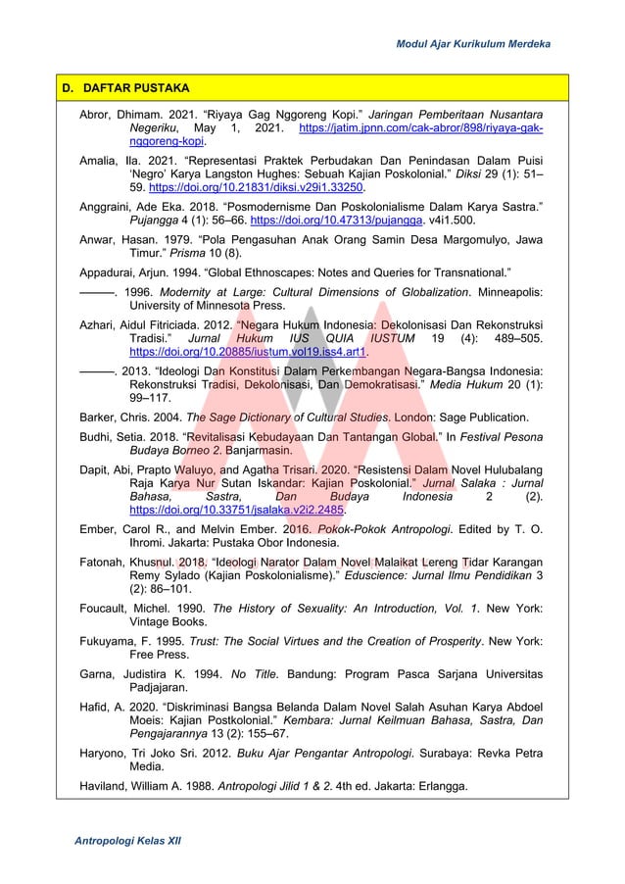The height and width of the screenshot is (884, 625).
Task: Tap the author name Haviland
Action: tap(104, 784)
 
